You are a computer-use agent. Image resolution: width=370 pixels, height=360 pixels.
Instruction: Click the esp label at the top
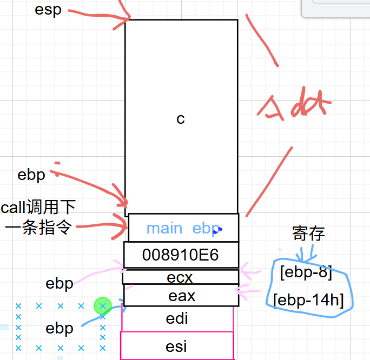48,10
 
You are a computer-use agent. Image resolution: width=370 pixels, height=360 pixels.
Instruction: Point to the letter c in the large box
181,119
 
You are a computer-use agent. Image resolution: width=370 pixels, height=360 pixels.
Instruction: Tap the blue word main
164,228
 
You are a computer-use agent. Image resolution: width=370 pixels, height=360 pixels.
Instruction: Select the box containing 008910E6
181,255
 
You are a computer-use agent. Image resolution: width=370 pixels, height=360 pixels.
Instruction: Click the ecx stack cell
181,277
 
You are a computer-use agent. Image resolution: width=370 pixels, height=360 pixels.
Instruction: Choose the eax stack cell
181,296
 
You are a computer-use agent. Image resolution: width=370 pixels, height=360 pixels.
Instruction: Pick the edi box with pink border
177,319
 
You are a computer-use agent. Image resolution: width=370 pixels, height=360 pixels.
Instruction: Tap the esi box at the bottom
177,345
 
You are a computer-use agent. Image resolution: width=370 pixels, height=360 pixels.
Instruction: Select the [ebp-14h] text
309,299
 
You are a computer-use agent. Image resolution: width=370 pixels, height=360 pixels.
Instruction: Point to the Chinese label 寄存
308,234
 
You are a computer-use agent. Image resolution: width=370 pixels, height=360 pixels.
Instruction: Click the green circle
102,306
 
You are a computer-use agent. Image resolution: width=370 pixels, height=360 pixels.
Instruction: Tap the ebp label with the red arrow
31,175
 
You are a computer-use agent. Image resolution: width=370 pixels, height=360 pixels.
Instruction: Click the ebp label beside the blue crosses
60,329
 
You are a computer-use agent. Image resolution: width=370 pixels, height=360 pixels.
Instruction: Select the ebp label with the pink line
60,283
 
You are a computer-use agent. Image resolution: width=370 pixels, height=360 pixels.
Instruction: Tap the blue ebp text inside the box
206,228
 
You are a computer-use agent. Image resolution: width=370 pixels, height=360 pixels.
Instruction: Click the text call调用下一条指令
38,217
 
